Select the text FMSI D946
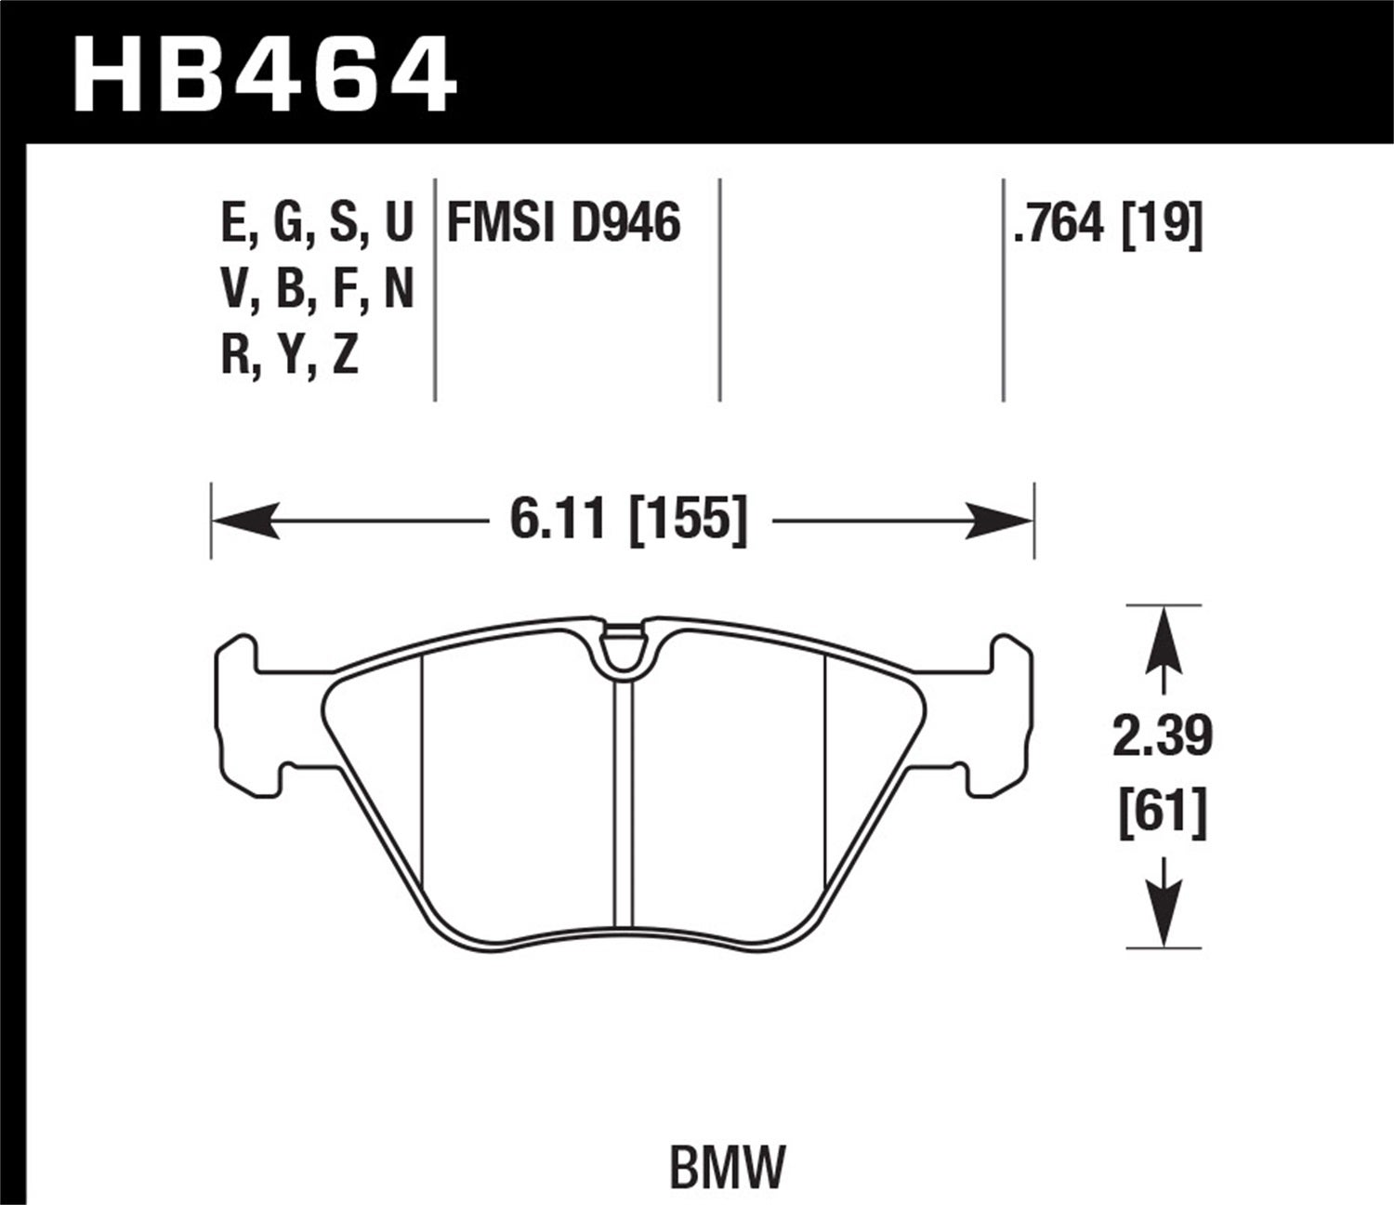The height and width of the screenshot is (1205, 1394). [x=564, y=224]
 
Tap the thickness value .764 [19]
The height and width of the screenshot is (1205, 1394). [x=1108, y=224]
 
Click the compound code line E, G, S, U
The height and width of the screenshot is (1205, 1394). [x=316, y=224]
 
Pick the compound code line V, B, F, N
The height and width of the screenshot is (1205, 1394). [x=316, y=291]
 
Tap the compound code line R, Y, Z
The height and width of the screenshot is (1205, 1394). [x=289, y=357]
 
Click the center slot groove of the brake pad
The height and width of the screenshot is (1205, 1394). [x=623, y=800]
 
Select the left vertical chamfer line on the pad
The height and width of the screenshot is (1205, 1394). [x=422, y=781]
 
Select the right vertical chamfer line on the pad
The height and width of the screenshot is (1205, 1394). [x=825, y=781]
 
